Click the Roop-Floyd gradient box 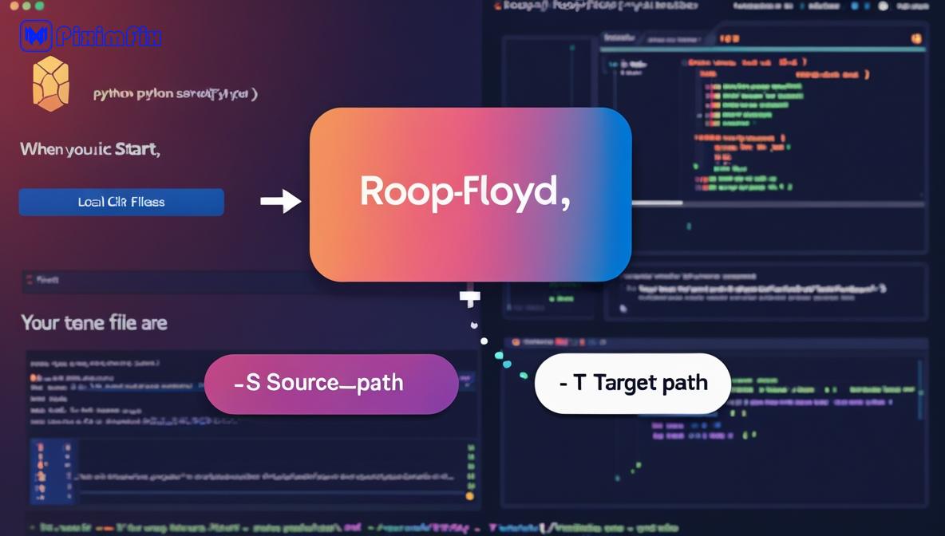click(x=470, y=194)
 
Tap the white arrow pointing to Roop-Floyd click(x=281, y=201)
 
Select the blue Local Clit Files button click(x=121, y=202)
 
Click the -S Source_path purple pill click(x=331, y=384)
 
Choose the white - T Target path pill click(x=632, y=384)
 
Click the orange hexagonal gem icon click(x=50, y=83)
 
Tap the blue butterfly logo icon click(x=36, y=36)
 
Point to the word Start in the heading click(x=136, y=149)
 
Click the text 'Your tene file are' click(x=94, y=323)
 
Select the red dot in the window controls click(x=14, y=6)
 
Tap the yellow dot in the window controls click(x=27, y=6)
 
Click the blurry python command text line click(x=175, y=94)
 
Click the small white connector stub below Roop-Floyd click(x=470, y=298)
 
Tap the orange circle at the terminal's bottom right click(x=470, y=496)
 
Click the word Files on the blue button click(x=148, y=202)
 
